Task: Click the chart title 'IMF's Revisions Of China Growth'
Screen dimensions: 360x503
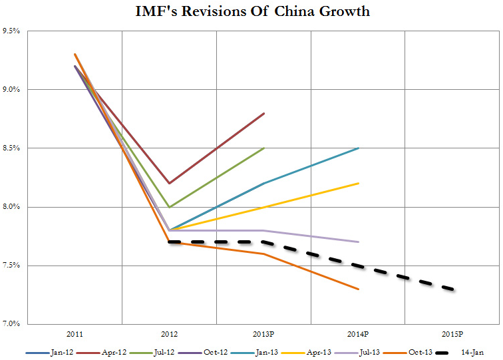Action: click(x=251, y=12)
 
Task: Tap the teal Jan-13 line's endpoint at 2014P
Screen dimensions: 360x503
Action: click(x=359, y=148)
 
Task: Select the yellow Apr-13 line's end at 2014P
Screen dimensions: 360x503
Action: click(x=359, y=183)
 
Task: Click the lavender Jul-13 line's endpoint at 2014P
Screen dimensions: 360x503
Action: click(x=359, y=242)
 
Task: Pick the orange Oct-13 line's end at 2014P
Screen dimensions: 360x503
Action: click(x=359, y=289)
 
